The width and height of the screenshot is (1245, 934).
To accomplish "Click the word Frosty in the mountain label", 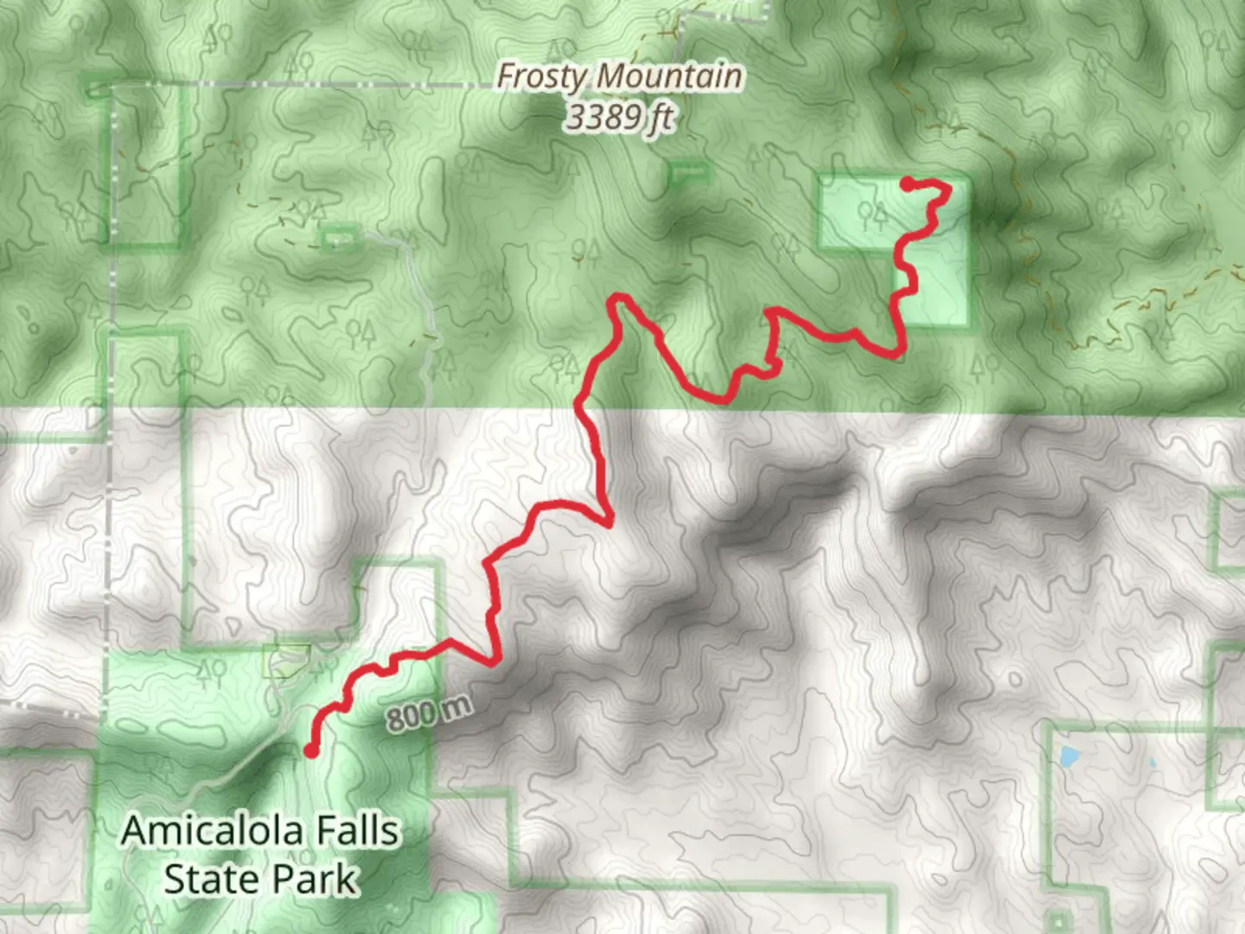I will coord(542,76).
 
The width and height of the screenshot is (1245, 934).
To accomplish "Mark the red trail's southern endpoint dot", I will coord(310,751).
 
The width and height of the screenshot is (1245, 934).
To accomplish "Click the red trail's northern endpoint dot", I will coord(907,183).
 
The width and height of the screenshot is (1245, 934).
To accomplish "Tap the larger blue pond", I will coord(1069,758).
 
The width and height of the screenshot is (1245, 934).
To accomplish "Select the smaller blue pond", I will coord(1151,764).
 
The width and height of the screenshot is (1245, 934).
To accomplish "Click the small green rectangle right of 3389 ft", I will coord(689,174).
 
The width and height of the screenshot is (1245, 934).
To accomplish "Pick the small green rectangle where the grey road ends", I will coord(341,237).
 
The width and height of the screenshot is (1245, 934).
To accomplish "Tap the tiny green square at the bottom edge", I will coord(1057,918).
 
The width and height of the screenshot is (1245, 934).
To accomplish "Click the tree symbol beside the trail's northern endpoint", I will coord(873,213).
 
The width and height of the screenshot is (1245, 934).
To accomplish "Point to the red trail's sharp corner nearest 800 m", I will coord(495,662).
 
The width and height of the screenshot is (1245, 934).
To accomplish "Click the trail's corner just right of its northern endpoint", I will coord(948,188).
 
